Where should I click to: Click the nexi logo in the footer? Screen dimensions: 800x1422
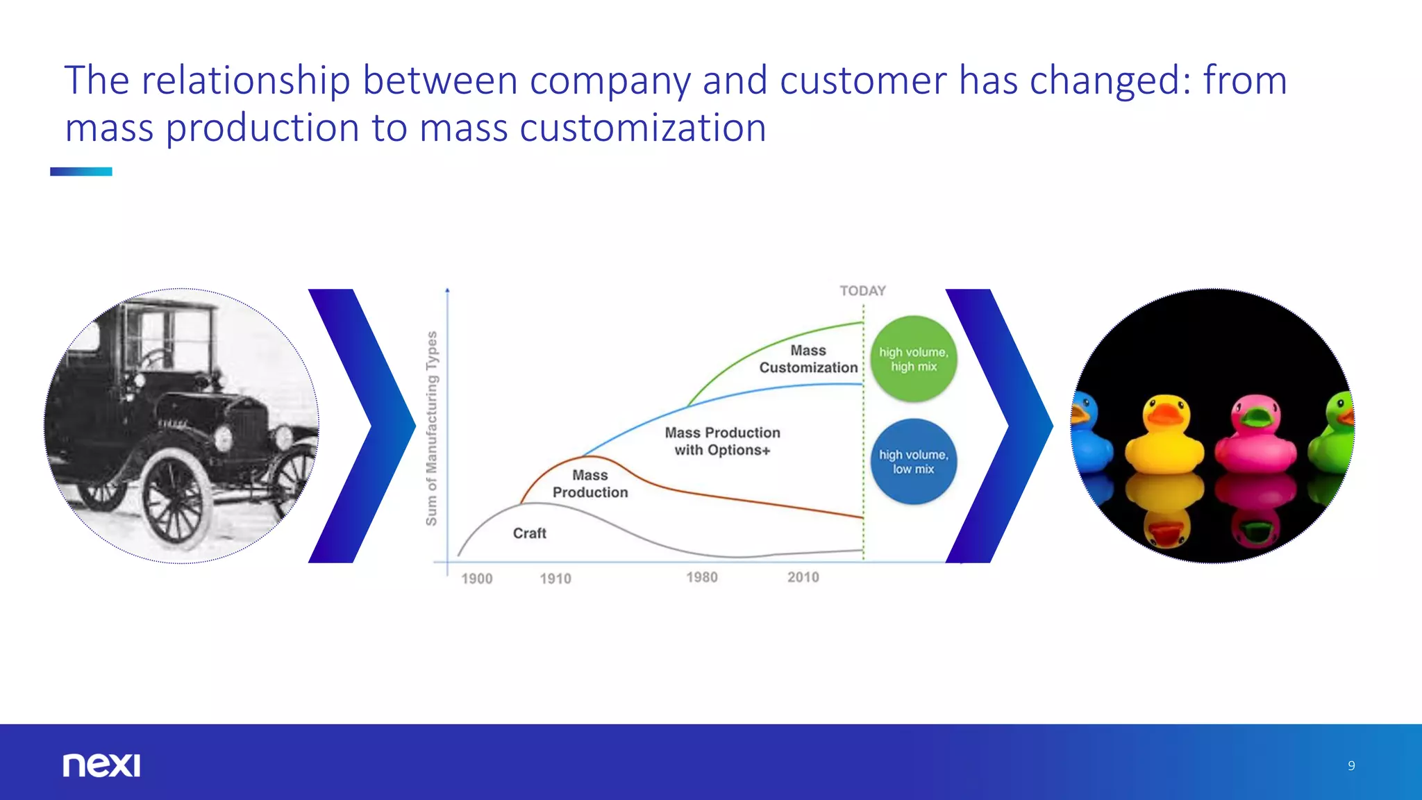tap(101, 765)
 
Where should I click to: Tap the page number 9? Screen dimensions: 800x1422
tap(1351, 765)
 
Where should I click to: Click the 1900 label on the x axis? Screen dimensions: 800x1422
tap(477, 578)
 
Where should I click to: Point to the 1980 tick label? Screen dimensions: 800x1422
tap(702, 577)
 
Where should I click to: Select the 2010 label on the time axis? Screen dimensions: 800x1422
tap(803, 577)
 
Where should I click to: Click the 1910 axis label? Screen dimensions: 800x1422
tap(555, 578)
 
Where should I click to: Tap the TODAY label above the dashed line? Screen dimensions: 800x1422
tap(862, 291)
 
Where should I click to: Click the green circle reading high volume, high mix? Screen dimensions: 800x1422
tap(914, 359)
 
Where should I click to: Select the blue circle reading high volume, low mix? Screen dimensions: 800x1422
tap(914, 461)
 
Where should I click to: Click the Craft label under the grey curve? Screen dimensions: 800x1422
tap(530, 533)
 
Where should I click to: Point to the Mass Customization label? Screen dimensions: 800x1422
tap(808, 359)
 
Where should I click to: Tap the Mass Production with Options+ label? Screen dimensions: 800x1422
tap(722, 441)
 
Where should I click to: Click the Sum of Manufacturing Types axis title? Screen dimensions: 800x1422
tap(432, 428)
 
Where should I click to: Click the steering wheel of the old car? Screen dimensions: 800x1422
tap(156, 358)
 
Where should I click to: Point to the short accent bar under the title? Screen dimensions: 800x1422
tap(81, 172)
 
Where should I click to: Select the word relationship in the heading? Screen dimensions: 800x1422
tap(246, 80)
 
